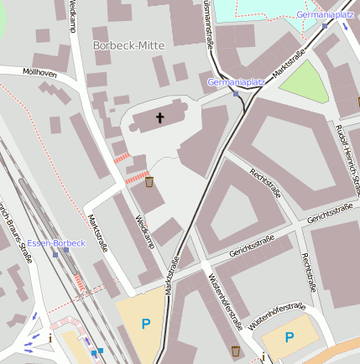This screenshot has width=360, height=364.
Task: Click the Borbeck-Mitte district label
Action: pyautogui.click(x=128, y=44)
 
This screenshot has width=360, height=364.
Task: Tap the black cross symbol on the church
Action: pyautogui.click(x=159, y=118)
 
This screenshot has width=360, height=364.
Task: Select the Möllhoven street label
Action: pyautogui.click(x=40, y=73)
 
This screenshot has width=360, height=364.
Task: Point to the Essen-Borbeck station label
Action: pyautogui.click(x=56, y=243)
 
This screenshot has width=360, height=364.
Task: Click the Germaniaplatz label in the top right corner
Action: pyautogui.click(x=325, y=14)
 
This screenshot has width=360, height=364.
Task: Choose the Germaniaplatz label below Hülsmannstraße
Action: pyautogui.click(x=236, y=82)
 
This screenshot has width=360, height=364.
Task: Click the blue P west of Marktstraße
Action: pyautogui.click(x=146, y=324)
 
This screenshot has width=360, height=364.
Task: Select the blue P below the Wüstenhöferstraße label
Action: pyautogui.click(x=290, y=337)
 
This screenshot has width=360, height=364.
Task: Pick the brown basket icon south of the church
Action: pyautogui.click(x=149, y=181)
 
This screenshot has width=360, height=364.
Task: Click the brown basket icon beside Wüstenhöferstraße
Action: pyautogui.click(x=235, y=350)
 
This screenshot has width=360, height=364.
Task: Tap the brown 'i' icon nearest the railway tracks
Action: pyautogui.click(x=50, y=338)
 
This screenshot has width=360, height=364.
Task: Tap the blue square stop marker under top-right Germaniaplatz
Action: pyautogui.click(x=325, y=26)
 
